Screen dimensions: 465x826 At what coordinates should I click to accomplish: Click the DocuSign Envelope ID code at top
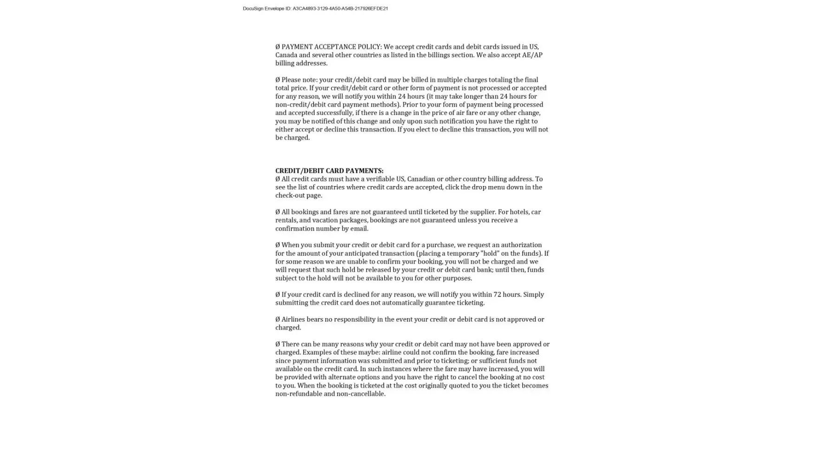[x=340, y=8]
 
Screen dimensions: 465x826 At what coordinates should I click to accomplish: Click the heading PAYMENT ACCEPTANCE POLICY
[x=331, y=46]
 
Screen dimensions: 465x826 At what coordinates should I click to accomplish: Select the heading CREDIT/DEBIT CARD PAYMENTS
[x=329, y=171]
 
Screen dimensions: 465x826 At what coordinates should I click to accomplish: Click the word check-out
[x=289, y=195]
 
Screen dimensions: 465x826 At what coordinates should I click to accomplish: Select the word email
[x=359, y=229]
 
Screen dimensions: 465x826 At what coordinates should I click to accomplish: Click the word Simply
[x=533, y=294]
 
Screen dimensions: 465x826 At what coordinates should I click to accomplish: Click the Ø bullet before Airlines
[x=277, y=319]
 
